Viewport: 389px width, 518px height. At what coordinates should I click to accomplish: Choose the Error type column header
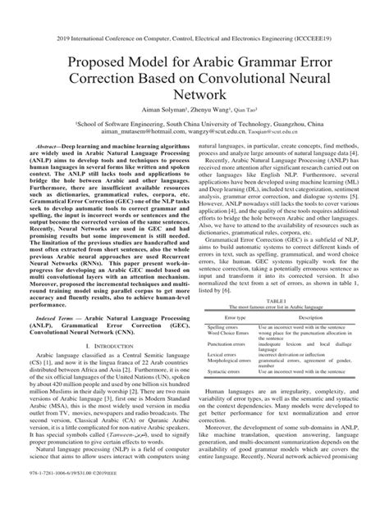[x=231, y=294]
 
